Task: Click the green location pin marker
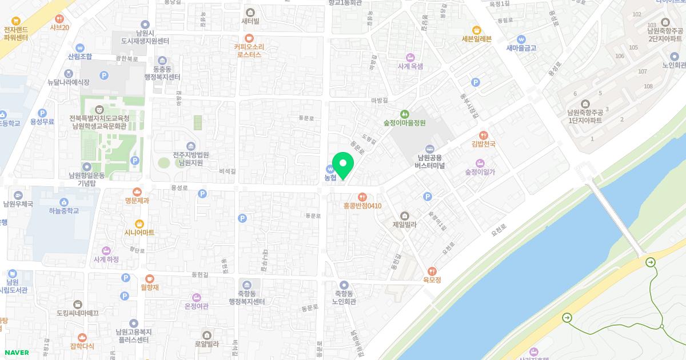[343, 165]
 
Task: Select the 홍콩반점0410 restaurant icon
[362, 197]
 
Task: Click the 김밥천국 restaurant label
[483, 144]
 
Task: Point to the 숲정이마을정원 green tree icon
[405, 114]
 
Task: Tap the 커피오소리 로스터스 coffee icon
[248, 38]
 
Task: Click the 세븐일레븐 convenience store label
[476, 39]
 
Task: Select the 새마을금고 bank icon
[521, 39]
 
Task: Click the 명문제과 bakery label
[137, 201]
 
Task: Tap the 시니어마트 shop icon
[139, 223]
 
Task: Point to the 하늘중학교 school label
[63, 211]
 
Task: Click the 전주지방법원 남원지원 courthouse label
[190, 158]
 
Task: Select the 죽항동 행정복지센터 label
[246, 297]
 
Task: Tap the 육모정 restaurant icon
[432, 271]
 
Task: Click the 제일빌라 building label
[405, 225]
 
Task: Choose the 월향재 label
[149, 287]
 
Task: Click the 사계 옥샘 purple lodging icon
[410, 57]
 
